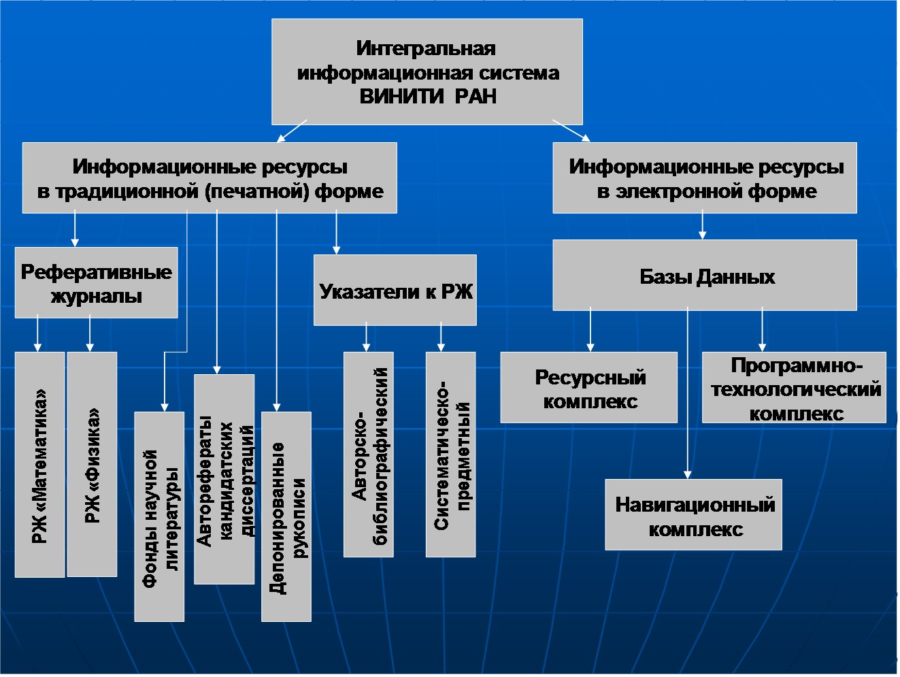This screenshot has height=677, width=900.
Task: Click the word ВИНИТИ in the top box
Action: pos(401,97)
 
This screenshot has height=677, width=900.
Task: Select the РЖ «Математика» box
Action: pos(39,465)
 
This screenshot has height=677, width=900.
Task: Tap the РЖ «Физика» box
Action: pos(92,464)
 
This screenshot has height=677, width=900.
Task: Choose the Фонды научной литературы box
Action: pos(159,516)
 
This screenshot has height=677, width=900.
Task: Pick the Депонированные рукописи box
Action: pos(286,516)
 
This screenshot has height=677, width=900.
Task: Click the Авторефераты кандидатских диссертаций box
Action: pos(224,479)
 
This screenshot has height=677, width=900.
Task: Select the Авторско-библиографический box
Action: pos(369,455)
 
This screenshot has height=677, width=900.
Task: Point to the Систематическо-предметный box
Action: pos(450,455)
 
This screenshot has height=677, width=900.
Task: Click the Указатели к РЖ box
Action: pos(395,290)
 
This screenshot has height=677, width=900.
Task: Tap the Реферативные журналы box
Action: pos(97,282)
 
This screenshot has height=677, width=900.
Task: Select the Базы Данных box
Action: pos(705,275)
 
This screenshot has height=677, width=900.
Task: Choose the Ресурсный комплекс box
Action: pos(589,388)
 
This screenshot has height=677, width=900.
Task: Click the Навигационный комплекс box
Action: pos(693,514)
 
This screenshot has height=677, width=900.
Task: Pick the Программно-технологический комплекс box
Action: pos(794,388)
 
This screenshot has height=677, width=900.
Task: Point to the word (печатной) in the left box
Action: pos(256,192)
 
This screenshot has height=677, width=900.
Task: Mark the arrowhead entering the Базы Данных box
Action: pos(702,235)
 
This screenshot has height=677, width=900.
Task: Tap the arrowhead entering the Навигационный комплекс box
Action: pos(688,474)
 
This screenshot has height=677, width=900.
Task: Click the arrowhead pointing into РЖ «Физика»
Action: pos(90,347)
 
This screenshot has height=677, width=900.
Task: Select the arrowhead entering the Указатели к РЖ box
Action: pos(336,250)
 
